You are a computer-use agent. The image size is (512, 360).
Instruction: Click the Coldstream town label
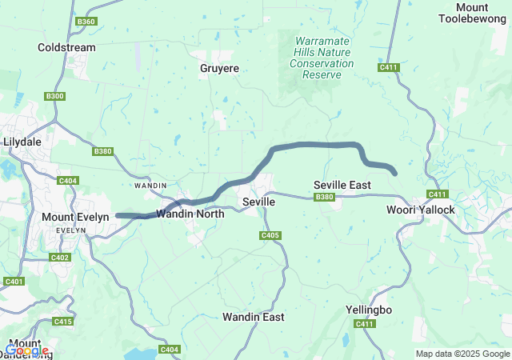[x=66, y=47]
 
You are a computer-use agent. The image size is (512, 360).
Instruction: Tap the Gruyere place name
[x=219, y=69]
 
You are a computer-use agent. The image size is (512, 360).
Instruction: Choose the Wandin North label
[x=190, y=214]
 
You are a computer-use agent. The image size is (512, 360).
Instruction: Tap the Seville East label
[x=342, y=185]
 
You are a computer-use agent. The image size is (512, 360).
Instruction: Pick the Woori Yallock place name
[x=420, y=210]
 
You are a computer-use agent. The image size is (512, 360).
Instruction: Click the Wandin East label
[x=253, y=317]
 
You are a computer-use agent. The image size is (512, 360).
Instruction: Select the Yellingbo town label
[x=368, y=309]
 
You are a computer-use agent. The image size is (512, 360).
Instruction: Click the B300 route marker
[x=55, y=96]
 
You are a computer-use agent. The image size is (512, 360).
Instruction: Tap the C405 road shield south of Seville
[x=270, y=235]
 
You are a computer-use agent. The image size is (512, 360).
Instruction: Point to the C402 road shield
[x=60, y=257]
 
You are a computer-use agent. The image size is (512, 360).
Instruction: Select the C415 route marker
[x=63, y=321]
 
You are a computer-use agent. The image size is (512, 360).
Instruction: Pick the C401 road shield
[x=14, y=281]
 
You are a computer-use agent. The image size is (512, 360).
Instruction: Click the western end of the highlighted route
[x=118, y=215]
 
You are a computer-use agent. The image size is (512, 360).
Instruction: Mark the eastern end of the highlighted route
[x=395, y=172]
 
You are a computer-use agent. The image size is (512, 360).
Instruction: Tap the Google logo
[x=26, y=350]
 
